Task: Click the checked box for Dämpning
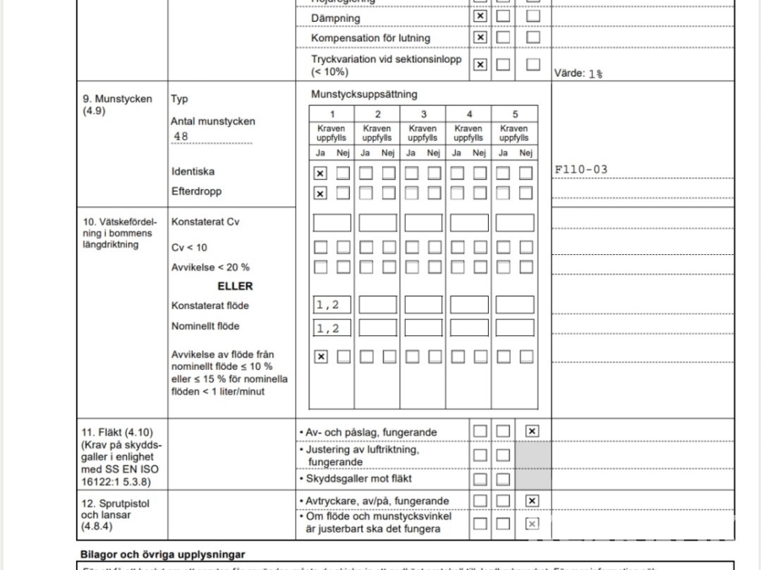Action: pos(480,17)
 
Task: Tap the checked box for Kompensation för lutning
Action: pos(480,38)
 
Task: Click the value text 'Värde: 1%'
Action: pos(578,73)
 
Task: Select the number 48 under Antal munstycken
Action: pos(180,136)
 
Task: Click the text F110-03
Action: pos(581,170)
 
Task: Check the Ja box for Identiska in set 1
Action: pos(320,173)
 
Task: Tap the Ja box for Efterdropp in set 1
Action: pos(320,193)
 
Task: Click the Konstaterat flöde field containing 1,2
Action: pos(331,305)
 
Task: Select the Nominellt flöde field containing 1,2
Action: pos(331,328)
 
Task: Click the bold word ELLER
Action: pos(235,286)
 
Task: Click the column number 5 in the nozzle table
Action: pos(514,114)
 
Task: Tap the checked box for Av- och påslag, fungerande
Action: pos(532,432)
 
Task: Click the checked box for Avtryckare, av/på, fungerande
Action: pos(532,501)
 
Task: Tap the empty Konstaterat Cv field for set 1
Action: pos(331,223)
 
